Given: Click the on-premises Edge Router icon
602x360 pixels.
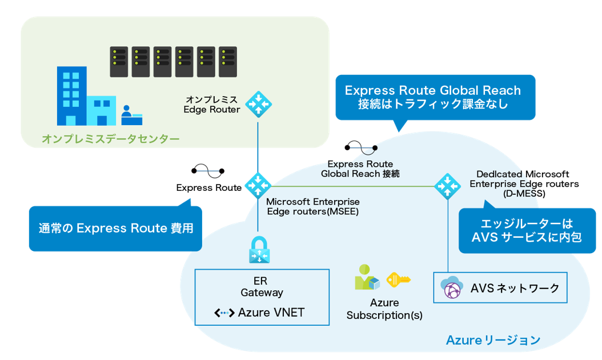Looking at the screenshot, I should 258,104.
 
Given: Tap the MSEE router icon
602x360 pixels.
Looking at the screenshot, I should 258,185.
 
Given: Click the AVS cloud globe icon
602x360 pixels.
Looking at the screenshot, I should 451,288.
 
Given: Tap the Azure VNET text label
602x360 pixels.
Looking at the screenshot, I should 271,313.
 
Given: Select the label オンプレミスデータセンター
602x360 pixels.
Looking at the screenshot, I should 110,139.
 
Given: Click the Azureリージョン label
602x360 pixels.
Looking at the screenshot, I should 492,341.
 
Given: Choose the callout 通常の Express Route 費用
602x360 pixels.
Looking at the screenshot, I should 115,229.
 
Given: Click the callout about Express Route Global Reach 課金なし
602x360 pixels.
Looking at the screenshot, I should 432,97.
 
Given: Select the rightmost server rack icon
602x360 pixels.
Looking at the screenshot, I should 227,62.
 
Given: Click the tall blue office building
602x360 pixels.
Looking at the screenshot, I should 71,95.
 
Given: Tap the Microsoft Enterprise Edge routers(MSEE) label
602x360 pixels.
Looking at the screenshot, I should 313,206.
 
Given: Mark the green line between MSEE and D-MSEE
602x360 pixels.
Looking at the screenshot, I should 354,186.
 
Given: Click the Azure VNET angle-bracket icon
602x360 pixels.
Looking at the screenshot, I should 224,313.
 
